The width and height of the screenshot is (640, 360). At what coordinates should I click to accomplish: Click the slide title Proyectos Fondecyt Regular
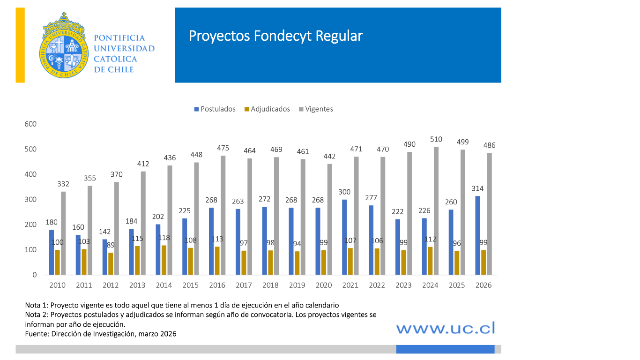pos(275,36)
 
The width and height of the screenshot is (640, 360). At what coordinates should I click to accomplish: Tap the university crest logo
pos(63,45)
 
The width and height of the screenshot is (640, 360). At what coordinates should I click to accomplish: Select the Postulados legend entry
pos(215,109)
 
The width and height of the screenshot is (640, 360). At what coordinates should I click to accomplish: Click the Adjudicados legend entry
pos(267,109)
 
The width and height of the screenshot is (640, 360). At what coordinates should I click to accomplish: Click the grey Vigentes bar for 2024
pos(436,210)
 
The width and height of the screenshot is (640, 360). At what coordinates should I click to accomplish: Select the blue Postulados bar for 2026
pos(478,235)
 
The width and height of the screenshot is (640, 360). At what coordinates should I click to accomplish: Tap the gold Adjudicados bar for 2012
pos(111,263)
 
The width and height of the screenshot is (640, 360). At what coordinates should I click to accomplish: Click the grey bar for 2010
pos(63,233)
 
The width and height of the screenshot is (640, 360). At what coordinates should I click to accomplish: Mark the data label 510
pos(436,139)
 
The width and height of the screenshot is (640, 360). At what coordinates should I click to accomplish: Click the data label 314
pos(477,188)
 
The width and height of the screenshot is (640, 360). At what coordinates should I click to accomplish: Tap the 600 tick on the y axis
pos(31,124)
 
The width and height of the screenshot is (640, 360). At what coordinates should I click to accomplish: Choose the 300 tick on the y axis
pos(31,200)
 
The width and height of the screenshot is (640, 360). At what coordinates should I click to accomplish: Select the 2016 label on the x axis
pos(217,285)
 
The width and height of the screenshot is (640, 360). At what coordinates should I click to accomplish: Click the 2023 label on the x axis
pos(404,285)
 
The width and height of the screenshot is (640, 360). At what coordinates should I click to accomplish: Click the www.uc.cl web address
pos(446,328)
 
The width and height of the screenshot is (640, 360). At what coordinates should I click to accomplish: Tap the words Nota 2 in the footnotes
pos(36,315)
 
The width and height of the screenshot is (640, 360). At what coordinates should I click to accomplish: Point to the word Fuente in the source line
pos(36,333)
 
